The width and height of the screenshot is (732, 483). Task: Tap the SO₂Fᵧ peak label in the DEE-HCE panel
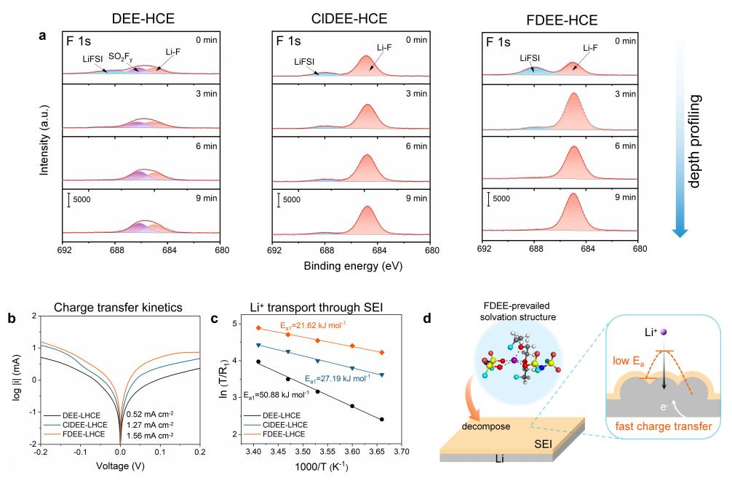pos(122,56)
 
